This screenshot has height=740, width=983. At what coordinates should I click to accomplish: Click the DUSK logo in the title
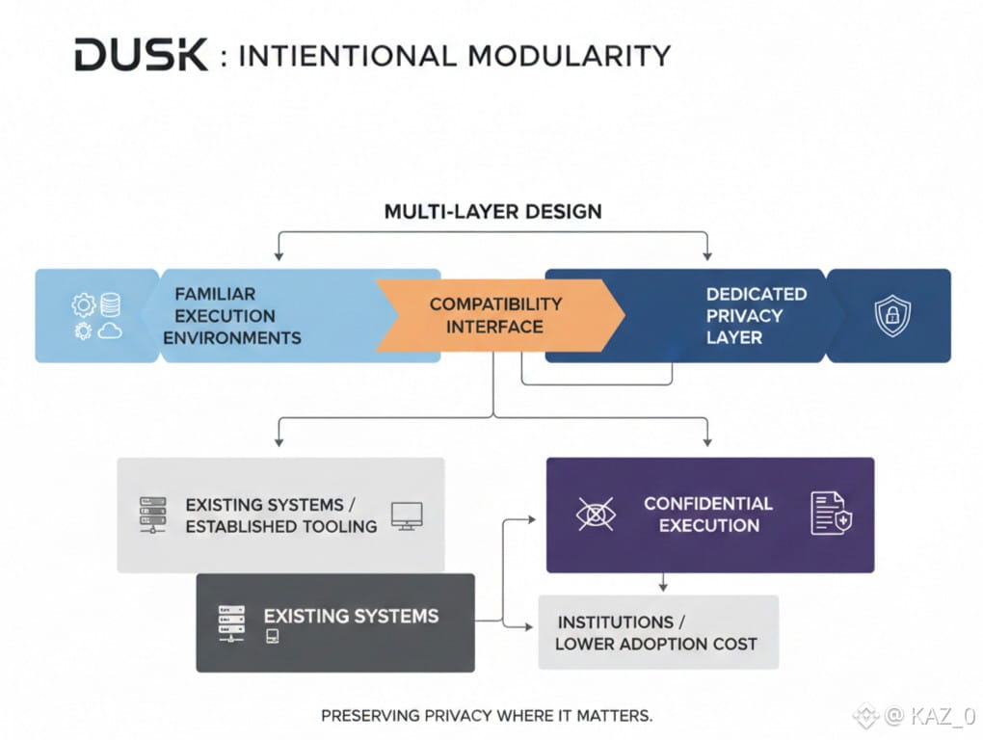pyautogui.click(x=141, y=55)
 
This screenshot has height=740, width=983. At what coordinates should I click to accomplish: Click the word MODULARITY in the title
pyautogui.click(x=570, y=56)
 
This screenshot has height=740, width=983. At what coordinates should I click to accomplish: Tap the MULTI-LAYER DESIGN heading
pyautogui.click(x=492, y=212)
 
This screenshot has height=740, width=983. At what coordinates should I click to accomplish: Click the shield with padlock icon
pyautogui.click(x=892, y=315)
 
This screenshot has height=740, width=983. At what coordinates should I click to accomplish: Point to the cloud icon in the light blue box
pyautogui.click(x=109, y=330)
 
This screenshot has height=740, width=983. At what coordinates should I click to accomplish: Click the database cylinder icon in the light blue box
pyautogui.click(x=110, y=304)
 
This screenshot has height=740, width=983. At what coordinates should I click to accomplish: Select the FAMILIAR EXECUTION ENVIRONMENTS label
pyautogui.click(x=232, y=316)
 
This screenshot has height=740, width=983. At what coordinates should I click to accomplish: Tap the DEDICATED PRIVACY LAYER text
pyautogui.click(x=757, y=316)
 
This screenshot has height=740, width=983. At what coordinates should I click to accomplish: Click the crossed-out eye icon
pyautogui.click(x=596, y=515)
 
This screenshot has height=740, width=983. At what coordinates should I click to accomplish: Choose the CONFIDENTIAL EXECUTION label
pyautogui.click(x=708, y=515)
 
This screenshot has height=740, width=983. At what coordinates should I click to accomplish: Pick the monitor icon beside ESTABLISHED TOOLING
pyautogui.click(x=407, y=516)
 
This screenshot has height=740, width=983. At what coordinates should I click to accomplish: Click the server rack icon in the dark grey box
pyautogui.click(x=231, y=623)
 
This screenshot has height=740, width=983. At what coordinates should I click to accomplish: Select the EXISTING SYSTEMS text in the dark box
pyautogui.click(x=351, y=616)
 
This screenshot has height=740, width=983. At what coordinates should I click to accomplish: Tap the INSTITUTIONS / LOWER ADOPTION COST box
pyautogui.click(x=658, y=632)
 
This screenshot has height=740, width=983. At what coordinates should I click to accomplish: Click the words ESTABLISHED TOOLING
pyautogui.click(x=281, y=526)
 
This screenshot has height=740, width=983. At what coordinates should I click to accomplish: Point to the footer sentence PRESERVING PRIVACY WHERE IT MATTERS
pyautogui.click(x=487, y=716)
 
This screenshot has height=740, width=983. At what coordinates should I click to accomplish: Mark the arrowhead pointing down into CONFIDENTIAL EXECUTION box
pyautogui.click(x=707, y=442)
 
